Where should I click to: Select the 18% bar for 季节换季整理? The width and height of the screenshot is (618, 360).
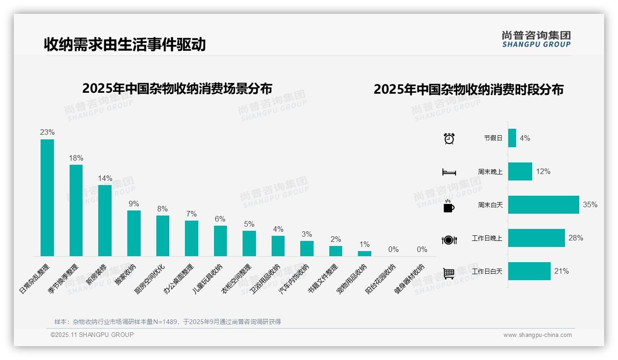76,210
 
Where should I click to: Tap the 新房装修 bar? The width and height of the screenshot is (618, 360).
105,221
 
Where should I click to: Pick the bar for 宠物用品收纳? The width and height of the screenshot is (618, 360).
364,253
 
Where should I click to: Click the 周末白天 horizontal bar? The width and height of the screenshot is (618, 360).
543,205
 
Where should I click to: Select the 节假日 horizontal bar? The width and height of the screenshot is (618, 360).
512,138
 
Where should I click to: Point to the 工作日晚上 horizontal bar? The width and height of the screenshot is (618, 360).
536,238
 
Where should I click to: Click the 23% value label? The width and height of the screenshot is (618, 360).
47,132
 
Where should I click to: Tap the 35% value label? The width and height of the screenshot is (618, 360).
590,205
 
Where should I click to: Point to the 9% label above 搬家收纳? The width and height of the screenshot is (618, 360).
134,204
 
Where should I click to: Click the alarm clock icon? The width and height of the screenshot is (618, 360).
449,138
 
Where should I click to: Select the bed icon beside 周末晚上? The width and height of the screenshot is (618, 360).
449,172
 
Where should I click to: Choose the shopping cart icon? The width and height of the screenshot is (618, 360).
449,273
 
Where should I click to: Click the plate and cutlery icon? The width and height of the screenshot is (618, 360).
449,240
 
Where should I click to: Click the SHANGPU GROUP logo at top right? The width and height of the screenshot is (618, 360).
536,39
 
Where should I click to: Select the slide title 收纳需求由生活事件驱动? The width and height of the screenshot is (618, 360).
125,44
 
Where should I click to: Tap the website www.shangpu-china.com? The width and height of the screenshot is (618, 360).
537,335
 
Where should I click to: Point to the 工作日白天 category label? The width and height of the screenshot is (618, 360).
487,271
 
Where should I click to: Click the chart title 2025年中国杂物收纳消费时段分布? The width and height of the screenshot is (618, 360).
469,90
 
